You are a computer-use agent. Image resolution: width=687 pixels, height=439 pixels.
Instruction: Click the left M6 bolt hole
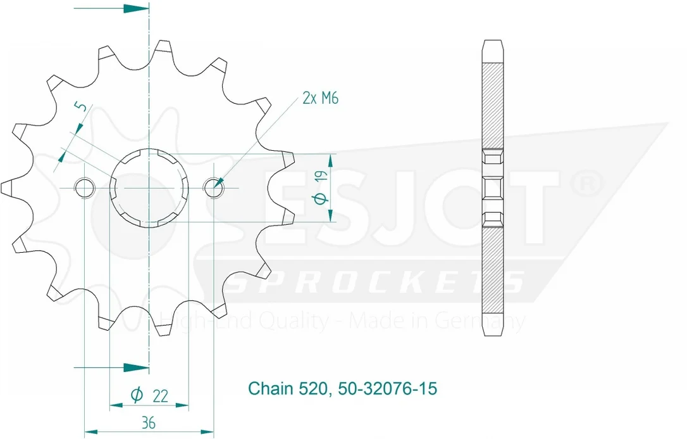85,188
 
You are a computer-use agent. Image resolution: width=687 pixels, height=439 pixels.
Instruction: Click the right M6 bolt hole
214,188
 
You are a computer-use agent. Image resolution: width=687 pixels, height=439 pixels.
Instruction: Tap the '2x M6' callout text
320,98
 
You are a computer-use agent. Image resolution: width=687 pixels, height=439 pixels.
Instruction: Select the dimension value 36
149,423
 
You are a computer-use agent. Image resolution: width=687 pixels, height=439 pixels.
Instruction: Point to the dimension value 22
161,396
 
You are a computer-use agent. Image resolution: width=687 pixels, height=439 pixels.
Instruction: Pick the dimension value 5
82,106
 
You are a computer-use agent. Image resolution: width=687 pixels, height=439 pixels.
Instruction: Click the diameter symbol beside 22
137,395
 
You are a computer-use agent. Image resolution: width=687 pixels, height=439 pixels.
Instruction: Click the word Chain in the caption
270,388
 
